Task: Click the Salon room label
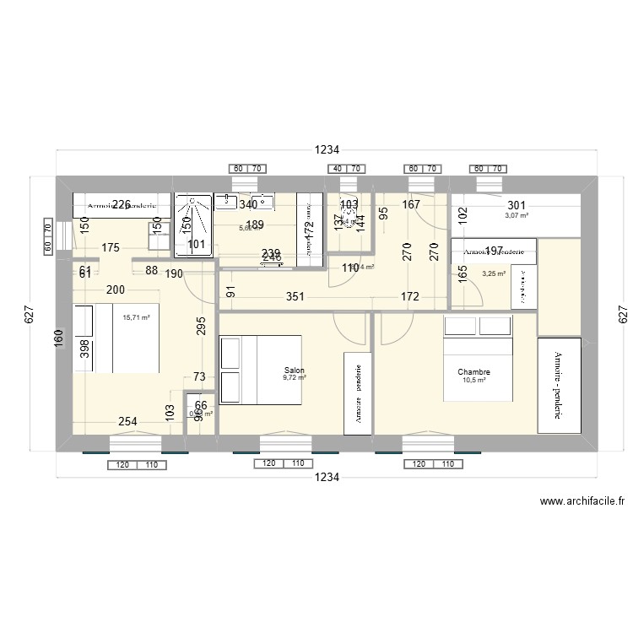tap(295, 371)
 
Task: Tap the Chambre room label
tap(473, 371)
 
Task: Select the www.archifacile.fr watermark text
tap(582, 500)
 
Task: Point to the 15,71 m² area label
tap(136, 318)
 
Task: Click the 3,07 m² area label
tap(517, 216)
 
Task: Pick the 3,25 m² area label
tap(493, 273)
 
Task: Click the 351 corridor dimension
tap(295, 296)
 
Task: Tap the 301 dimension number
tap(517, 205)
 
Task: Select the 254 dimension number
tap(127, 422)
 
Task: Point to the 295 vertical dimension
tap(201, 327)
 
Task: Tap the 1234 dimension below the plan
tap(327, 478)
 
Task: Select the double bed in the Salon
tap(260, 363)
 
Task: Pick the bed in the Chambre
tap(478, 358)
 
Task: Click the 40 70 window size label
tap(348, 169)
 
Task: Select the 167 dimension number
tap(411, 204)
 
